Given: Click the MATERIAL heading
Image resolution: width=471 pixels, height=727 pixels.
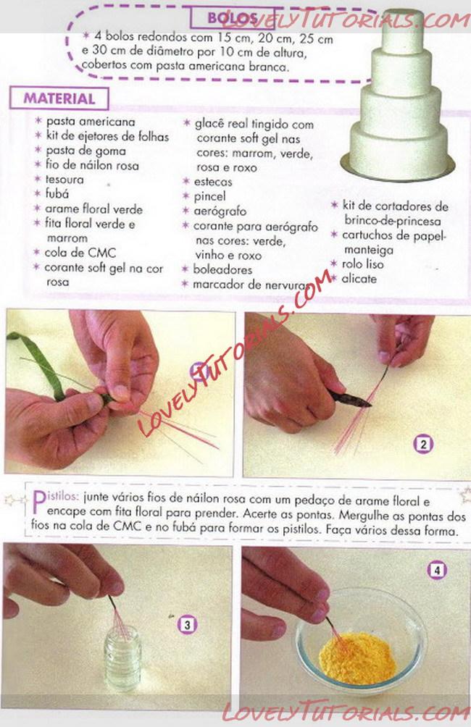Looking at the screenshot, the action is (59, 98).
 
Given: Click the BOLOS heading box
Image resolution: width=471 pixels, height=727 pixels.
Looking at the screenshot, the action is (233, 17).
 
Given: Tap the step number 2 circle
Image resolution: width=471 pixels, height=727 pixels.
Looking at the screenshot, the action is (422, 445).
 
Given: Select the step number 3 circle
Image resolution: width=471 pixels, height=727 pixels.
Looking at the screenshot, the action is (187, 625).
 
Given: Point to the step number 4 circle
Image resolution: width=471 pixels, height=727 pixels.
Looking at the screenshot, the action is (436, 570).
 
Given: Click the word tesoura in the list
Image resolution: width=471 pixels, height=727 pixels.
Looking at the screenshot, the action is (64, 180).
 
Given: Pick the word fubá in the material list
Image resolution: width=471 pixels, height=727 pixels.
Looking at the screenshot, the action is (57, 194).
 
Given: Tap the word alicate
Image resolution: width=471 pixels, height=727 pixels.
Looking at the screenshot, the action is (359, 279).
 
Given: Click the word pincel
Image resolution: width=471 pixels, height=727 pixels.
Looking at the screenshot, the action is (209, 196).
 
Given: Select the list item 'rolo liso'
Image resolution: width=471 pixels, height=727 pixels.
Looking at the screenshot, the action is (362, 264).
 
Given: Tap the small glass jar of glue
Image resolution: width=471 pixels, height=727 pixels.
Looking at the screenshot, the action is (122, 657).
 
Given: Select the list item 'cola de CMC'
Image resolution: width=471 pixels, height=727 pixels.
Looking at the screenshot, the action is (80, 253).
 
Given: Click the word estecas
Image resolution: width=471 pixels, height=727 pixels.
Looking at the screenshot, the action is (213, 182).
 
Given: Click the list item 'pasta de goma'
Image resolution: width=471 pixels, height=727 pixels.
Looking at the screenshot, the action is (86, 151).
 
